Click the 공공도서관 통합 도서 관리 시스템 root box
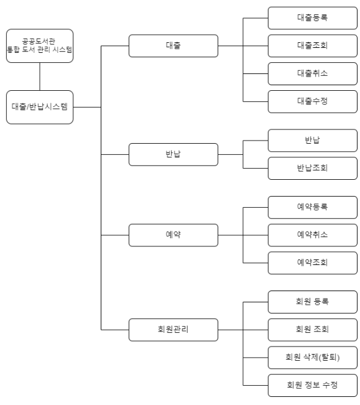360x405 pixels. [39, 45]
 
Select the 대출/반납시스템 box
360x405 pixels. [39, 107]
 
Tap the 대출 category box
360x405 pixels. [173, 46]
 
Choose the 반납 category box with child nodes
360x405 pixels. [173, 154]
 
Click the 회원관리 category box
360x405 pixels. [173, 329]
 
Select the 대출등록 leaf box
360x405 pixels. [313, 17]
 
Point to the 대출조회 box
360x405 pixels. [313, 45]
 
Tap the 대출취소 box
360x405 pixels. [313, 73]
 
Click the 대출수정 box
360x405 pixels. [313, 101]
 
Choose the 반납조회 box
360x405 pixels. [313, 168]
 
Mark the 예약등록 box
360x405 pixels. [313, 208]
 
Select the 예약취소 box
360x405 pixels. [313, 235]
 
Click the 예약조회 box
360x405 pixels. [313, 263]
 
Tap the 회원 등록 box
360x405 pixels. [313, 302]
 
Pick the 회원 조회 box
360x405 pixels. [313, 330]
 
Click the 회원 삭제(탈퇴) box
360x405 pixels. [313, 357]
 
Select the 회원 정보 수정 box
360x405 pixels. [313, 384]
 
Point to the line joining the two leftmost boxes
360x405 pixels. [39, 76]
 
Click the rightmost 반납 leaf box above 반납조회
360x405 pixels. [313, 141]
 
